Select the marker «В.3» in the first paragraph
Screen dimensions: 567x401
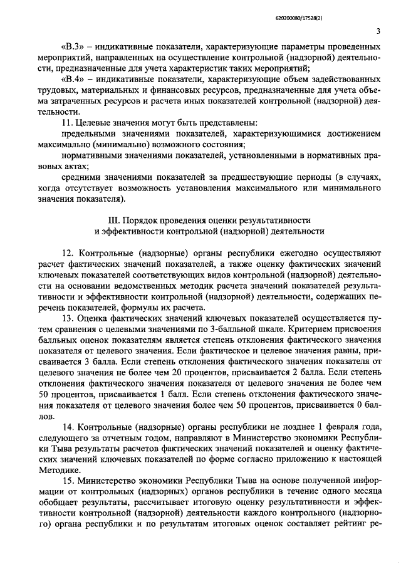point(75,47)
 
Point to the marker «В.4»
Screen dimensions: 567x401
point(75,80)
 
